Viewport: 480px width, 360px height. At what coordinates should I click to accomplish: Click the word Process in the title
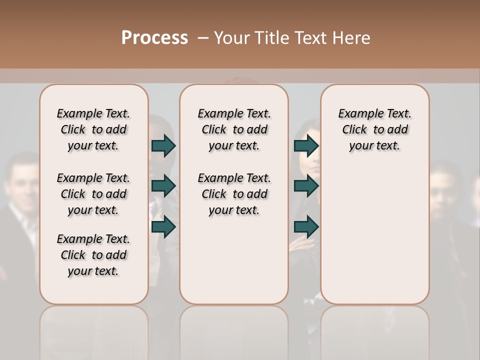tap(154, 38)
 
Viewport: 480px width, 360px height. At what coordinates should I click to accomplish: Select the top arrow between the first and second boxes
tap(163, 145)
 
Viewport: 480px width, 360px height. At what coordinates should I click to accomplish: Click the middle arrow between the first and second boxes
tap(163, 186)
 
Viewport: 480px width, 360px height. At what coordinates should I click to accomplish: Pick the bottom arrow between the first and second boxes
tap(163, 227)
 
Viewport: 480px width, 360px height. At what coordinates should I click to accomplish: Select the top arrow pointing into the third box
tap(306, 145)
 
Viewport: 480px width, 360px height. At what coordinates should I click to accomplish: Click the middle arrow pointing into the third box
tap(306, 186)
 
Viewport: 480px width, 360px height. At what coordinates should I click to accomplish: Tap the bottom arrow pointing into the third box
tap(306, 227)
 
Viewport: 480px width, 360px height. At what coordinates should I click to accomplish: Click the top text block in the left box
tap(93, 129)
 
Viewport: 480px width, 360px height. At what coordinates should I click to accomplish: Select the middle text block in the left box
tap(93, 194)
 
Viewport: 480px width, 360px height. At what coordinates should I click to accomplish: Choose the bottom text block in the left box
tap(93, 255)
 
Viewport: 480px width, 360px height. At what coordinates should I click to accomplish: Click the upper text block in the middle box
tap(234, 129)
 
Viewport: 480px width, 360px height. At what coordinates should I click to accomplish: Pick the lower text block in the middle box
tap(234, 194)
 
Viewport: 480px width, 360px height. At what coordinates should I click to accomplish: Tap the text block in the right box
tap(375, 129)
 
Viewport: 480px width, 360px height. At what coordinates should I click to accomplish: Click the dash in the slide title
tap(202, 38)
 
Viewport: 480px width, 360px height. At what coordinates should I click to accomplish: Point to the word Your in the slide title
tap(232, 38)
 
